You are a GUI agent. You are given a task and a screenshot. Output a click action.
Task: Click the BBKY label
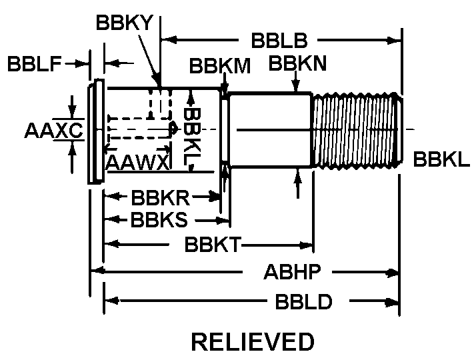click(x=125, y=23)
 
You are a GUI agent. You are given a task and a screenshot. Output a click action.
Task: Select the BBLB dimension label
click(x=279, y=41)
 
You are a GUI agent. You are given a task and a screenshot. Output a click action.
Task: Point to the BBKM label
click(x=220, y=65)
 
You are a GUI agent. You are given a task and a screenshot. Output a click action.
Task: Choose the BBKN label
click(x=297, y=64)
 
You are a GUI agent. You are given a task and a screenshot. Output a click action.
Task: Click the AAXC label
click(x=53, y=131)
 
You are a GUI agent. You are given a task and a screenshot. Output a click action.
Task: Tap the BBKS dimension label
click(x=159, y=219)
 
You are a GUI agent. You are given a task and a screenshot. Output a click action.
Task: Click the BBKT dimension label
click(x=213, y=245)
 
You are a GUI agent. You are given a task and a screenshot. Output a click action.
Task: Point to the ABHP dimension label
click(x=293, y=272)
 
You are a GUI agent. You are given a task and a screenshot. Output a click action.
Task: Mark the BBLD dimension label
click(x=303, y=302)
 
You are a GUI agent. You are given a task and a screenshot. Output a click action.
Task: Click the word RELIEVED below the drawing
click(x=252, y=342)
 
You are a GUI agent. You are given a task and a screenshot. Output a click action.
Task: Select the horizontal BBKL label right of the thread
click(x=441, y=159)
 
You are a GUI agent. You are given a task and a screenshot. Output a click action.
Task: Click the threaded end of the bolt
click(x=357, y=129)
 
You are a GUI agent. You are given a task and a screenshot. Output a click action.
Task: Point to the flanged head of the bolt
click(x=96, y=131)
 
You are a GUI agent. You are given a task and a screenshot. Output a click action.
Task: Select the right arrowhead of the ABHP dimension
click(x=393, y=272)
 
